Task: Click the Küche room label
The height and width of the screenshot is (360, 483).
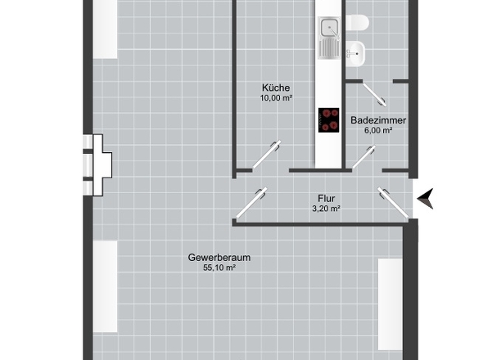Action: (276, 88)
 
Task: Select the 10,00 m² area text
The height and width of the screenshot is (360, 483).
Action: (276, 98)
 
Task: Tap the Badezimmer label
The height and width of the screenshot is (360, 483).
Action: (378, 119)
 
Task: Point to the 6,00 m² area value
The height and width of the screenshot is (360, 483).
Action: (378, 130)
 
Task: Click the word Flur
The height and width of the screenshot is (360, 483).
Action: (326, 198)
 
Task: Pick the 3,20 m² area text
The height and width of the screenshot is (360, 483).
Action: (326, 209)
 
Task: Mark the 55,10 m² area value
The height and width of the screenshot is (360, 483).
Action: (219, 268)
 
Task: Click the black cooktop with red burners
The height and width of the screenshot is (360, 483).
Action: (329, 119)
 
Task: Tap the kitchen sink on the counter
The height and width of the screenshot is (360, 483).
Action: (330, 38)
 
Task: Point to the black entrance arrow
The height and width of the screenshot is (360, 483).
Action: (426, 198)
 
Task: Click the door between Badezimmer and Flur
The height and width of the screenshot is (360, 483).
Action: (364, 156)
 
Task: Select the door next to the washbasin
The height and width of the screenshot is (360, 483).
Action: (379, 93)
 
